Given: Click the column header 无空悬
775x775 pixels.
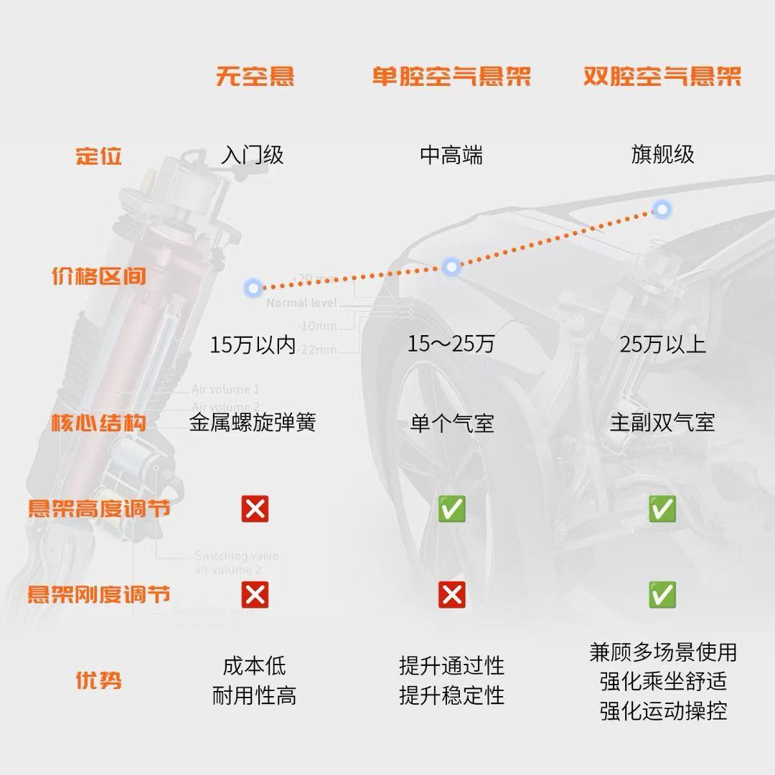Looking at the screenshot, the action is tap(255, 76).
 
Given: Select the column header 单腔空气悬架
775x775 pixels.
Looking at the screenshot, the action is tap(451, 76).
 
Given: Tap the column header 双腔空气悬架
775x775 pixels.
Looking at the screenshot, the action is tap(662, 76).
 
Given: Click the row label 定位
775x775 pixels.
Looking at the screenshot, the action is tap(99, 156).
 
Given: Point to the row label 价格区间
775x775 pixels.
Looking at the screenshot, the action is tap(99, 276).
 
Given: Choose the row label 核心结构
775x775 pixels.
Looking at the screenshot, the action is tap(99, 423).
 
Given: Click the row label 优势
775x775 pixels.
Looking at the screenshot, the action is tap(99, 680).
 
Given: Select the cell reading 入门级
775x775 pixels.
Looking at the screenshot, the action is tap(253, 155).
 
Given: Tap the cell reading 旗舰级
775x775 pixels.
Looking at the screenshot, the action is tap(662, 155).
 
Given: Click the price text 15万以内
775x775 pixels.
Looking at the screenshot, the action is tap(253, 344).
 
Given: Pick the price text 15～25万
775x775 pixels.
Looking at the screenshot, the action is tap(451, 344).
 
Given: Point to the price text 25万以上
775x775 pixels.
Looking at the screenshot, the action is tap(662, 344).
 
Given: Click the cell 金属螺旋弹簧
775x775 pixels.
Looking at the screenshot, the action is tap(253, 423).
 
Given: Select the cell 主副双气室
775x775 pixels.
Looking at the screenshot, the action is tap(662, 423).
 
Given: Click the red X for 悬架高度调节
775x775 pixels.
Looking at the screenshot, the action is tap(255, 509).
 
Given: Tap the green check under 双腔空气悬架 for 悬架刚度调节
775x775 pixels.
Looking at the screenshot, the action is tap(662, 594).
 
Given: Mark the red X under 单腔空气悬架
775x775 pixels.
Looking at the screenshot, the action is tap(452, 594).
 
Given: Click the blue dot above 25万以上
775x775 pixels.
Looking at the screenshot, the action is tap(662, 210).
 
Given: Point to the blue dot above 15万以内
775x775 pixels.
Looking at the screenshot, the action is tap(253, 288).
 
